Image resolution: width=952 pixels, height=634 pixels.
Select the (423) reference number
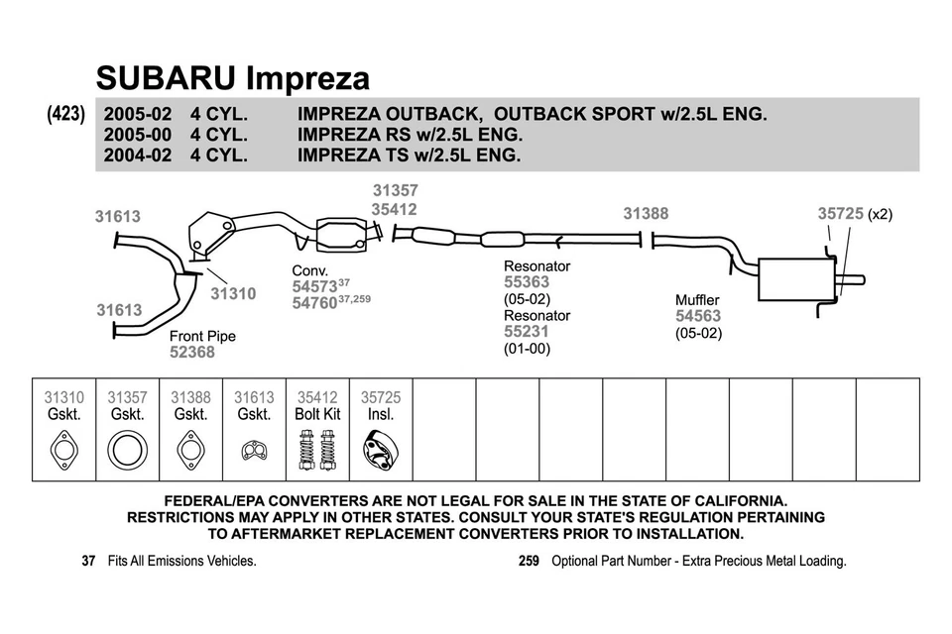(66, 114)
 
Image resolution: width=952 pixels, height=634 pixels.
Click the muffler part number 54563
(698, 316)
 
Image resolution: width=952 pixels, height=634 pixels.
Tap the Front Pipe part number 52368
(192, 352)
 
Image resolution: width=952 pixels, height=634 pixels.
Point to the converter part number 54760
(314, 304)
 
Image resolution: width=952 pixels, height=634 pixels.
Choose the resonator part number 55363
(527, 282)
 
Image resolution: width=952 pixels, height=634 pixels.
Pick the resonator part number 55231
(527, 332)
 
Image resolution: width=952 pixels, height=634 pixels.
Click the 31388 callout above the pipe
(646, 213)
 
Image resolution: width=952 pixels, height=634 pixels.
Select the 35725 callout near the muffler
(840, 213)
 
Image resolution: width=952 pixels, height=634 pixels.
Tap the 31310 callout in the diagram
(233, 293)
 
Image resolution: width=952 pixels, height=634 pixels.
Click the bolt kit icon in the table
(317, 450)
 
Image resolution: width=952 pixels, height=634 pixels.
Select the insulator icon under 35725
(381, 451)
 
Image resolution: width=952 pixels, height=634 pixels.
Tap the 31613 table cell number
(254, 397)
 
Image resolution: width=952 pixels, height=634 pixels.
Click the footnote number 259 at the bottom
(529, 561)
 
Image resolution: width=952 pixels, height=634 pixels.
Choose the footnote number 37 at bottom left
(88, 561)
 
